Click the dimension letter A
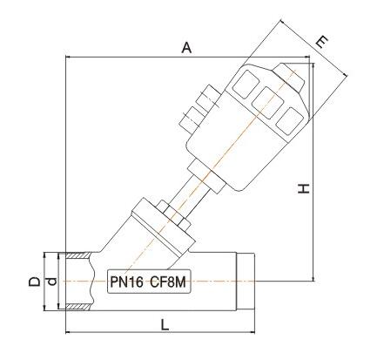[x=186, y=49]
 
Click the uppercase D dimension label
[x=33, y=282]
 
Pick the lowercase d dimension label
[x=51, y=282]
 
